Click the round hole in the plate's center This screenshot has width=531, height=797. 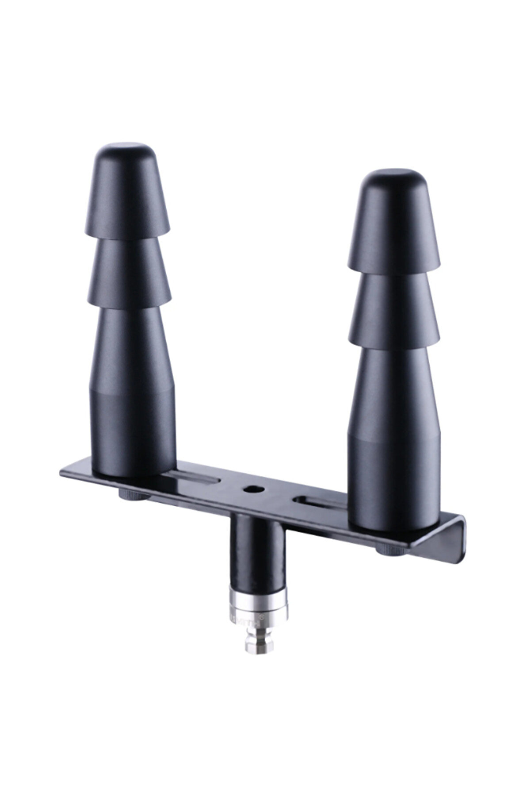coord(252,489)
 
